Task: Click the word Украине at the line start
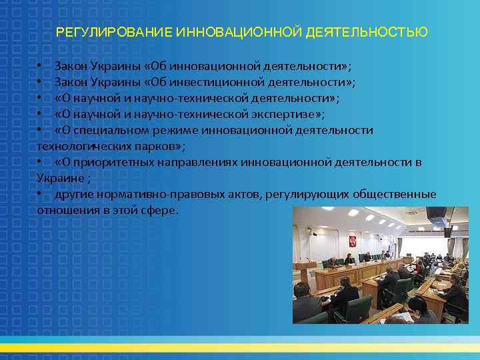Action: (58, 178)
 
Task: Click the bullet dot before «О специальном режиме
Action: (41, 130)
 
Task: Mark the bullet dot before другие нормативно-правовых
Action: (41, 194)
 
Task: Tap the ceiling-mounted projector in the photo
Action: (437, 217)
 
